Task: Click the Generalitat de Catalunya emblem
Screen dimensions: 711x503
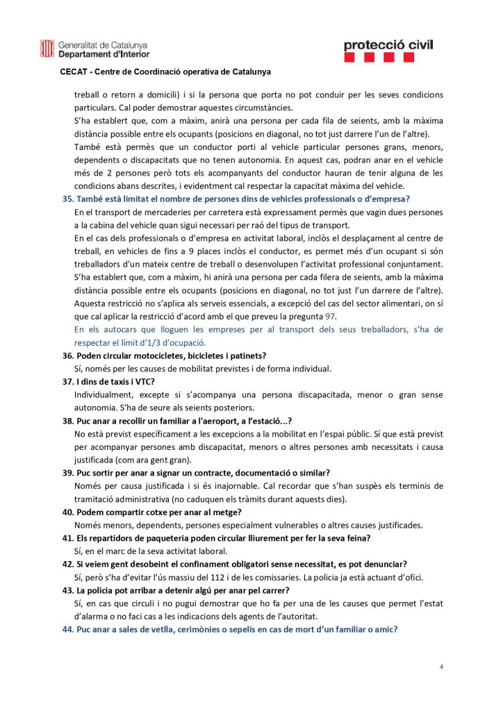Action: pyautogui.click(x=47, y=48)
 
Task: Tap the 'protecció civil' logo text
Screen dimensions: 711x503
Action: pyautogui.click(x=388, y=45)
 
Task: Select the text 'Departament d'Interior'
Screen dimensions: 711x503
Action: pyautogui.click(x=104, y=53)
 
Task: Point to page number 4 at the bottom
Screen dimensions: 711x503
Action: pyautogui.click(x=440, y=667)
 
